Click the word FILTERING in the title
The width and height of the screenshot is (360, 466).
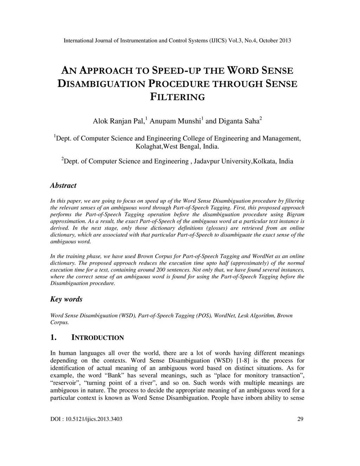coord(177,97)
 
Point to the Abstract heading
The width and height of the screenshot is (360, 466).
coord(63,185)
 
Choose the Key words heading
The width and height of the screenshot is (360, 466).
coord(66,299)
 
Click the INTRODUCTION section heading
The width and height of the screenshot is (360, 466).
coord(97,338)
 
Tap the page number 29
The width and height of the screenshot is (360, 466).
coord(300,419)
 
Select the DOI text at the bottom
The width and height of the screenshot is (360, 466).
coord(86,419)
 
